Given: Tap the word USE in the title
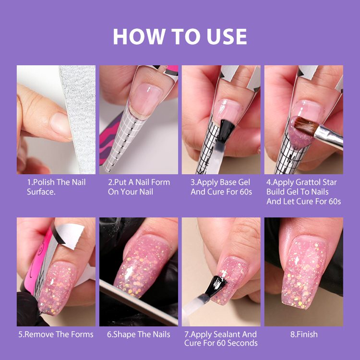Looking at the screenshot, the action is pyautogui.click(x=227, y=36).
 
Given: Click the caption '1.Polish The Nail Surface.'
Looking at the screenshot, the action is pyautogui.click(x=56, y=187).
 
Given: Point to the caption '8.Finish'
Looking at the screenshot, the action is pyautogui.click(x=304, y=334).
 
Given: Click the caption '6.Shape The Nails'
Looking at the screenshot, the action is pyautogui.click(x=139, y=334).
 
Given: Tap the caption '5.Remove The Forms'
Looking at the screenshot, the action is pyautogui.click(x=56, y=334).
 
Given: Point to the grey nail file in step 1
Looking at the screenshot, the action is pyautogui.click(x=79, y=118).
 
